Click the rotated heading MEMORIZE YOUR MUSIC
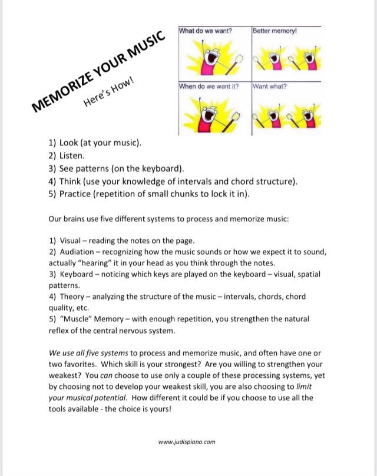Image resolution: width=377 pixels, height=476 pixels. pos(97,72)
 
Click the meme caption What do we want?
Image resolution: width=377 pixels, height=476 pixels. pos(206,30)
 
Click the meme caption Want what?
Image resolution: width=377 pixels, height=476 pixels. pos(270,86)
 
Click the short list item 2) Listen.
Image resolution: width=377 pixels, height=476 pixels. pos(67,156)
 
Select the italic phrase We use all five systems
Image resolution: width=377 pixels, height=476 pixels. pos(91,353)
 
